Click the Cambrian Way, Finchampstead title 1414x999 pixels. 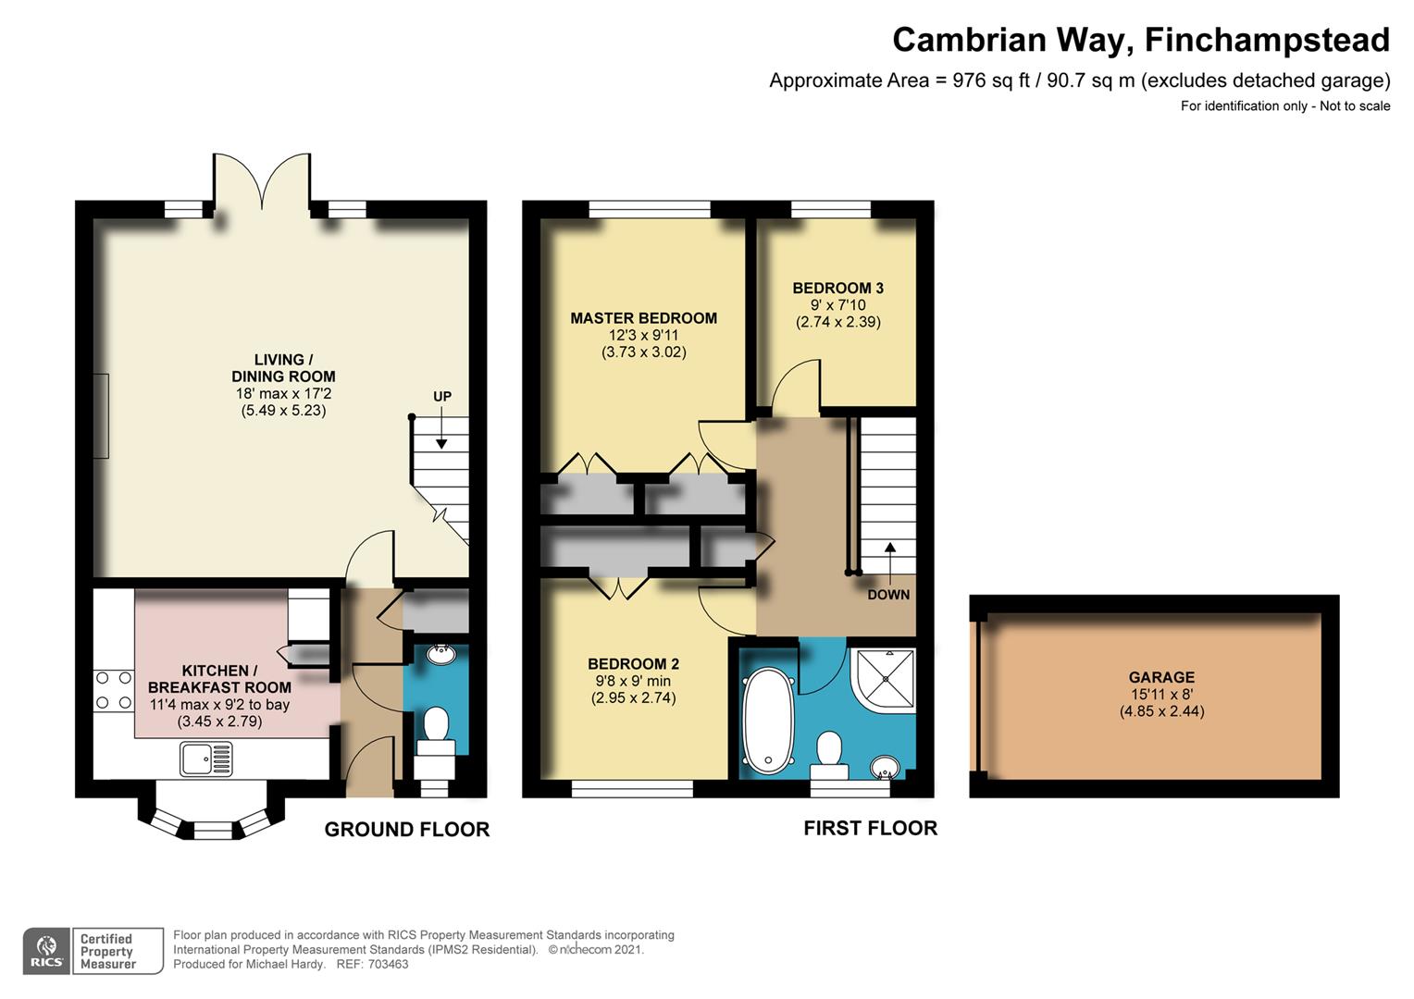point(1140,40)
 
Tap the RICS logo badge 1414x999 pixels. point(46,951)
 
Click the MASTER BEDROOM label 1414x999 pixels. point(643,318)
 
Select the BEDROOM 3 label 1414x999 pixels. point(837,288)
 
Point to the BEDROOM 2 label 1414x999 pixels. point(633,663)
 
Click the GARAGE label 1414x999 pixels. point(1160,677)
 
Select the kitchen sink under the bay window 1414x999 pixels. point(206,760)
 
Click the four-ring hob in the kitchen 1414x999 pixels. point(113,691)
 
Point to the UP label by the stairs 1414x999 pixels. point(442,397)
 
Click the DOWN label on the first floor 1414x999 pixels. point(888,595)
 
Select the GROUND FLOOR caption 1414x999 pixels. point(406,830)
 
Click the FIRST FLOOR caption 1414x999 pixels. point(870,828)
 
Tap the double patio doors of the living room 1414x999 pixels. point(263,180)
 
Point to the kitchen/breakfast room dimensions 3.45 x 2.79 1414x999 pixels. point(219,721)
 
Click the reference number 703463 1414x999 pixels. point(388,964)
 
